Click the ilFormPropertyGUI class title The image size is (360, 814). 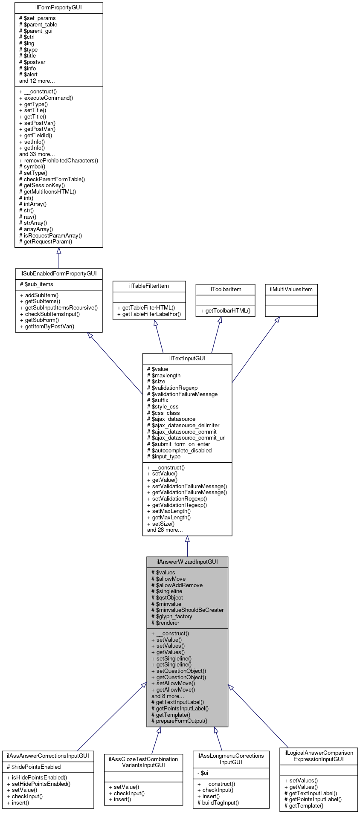coord(58,8)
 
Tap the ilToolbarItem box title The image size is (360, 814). coord(225,289)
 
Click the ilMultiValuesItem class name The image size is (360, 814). coord(291,289)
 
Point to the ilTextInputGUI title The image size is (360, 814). coord(187,358)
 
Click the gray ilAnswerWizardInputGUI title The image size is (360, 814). coord(187,562)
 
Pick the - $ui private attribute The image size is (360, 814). coord(203,773)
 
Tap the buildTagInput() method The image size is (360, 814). coord(218,802)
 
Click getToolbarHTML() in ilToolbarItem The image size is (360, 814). coord(225,310)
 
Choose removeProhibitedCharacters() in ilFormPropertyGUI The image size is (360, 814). coord(58,160)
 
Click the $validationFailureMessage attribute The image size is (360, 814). coord(182,394)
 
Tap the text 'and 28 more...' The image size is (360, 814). coord(165,530)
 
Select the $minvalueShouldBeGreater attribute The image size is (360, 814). coord(187,610)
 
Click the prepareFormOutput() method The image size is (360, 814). coord(179,721)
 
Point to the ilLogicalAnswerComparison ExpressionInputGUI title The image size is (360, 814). coord(319,756)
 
